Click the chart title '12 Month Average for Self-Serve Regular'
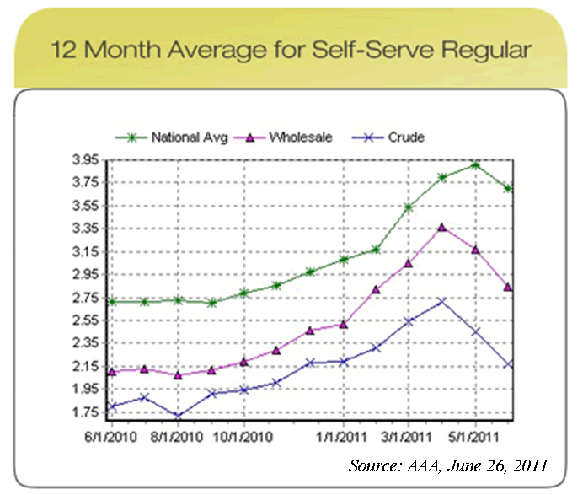(x=291, y=49)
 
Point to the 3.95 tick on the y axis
(x=88, y=159)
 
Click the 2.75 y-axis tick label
(x=88, y=298)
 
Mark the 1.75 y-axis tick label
(x=88, y=412)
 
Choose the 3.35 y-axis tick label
(x=88, y=229)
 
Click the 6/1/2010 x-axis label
(x=110, y=437)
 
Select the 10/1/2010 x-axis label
(x=243, y=437)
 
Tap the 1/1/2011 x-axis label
(x=343, y=437)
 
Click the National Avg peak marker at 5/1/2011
(x=476, y=165)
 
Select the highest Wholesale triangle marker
(x=442, y=228)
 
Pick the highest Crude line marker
(x=442, y=301)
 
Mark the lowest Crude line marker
(x=177, y=415)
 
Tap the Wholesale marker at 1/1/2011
(x=343, y=324)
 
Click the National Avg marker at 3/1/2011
(x=409, y=207)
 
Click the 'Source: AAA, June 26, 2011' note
(x=447, y=465)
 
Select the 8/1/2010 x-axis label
(x=177, y=437)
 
